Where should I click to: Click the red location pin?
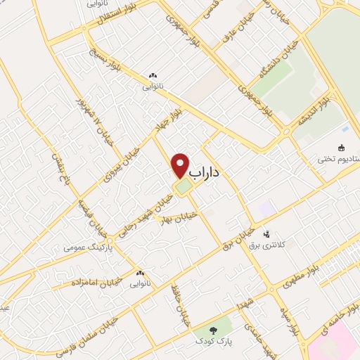(x=181, y=165)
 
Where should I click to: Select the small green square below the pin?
(x=183, y=188)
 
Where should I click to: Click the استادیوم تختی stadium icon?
(x=340, y=148)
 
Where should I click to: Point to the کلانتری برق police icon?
(x=266, y=234)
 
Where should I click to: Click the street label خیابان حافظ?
(x=180, y=307)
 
